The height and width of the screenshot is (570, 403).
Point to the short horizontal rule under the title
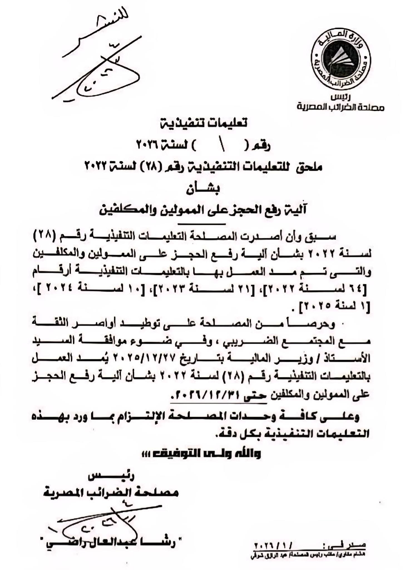pyautogui.click(x=201, y=224)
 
